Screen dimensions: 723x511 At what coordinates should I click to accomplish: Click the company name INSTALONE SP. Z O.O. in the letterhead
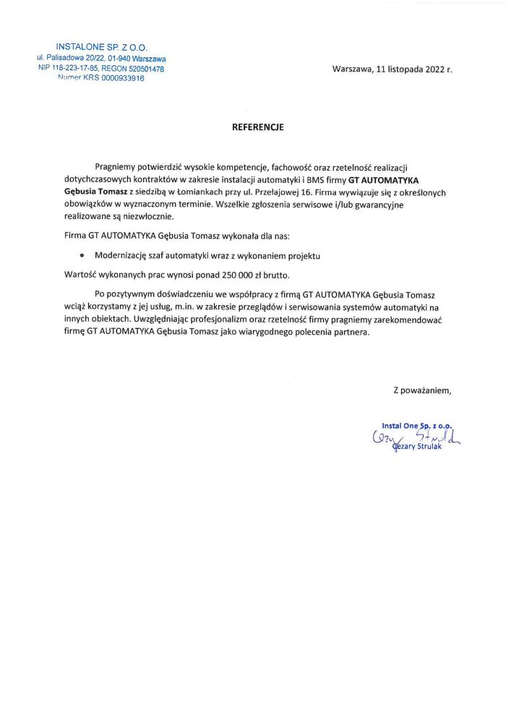pos(101,47)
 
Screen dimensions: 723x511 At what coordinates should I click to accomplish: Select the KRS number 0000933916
pos(119,79)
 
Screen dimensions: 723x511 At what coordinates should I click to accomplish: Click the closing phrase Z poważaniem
pos(422,390)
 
